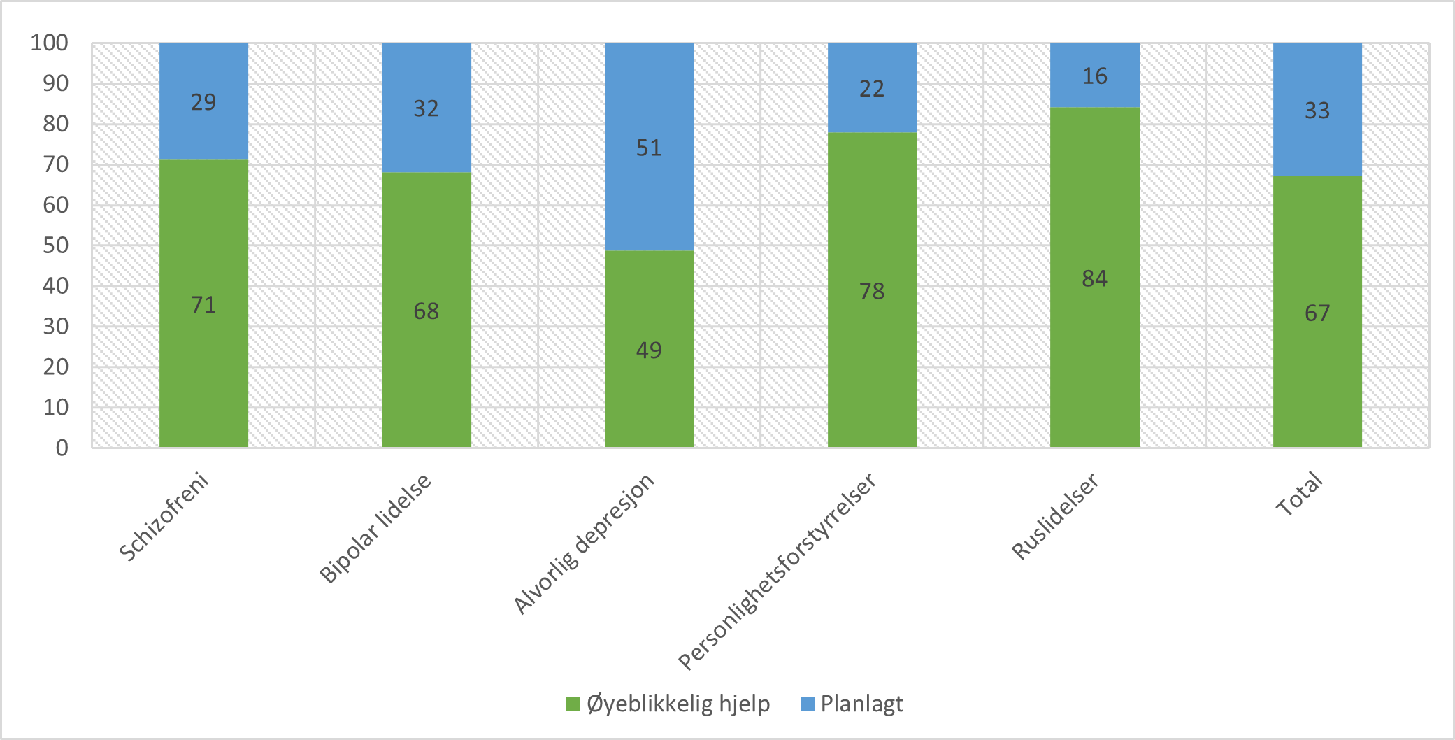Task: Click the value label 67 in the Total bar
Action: click(1317, 313)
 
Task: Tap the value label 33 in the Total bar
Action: click(1317, 111)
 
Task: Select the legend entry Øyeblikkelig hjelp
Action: click(668, 704)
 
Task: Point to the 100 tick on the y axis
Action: click(49, 43)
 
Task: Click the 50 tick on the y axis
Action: click(55, 246)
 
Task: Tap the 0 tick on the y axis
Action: click(62, 448)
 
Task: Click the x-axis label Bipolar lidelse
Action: click(376, 529)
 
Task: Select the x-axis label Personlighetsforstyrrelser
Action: click(777, 571)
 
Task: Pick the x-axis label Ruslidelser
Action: click(1055, 516)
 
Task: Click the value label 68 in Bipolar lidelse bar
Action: click(426, 311)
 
